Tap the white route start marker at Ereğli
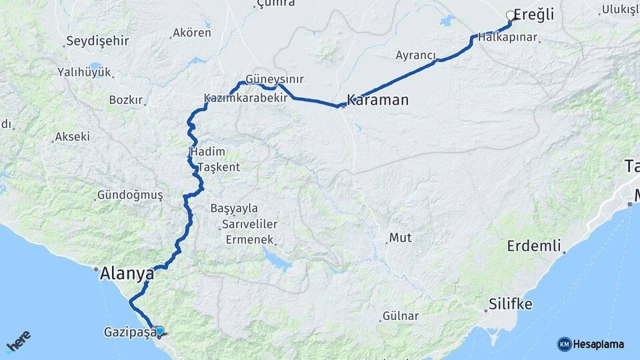click(x=511, y=15)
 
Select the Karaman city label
click(x=377, y=101)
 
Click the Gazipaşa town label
click(x=129, y=331)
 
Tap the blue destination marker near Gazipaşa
click(x=159, y=331)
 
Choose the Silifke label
click(x=511, y=305)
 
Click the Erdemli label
click(x=533, y=245)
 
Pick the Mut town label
click(x=400, y=237)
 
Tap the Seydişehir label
click(x=97, y=41)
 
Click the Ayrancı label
click(x=415, y=55)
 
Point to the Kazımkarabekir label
click(x=245, y=98)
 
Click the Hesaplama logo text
click(x=597, y=344)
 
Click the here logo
click(x=19, y=343)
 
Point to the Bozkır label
click(x=126, y=100)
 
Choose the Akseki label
click(x=72, y=137)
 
